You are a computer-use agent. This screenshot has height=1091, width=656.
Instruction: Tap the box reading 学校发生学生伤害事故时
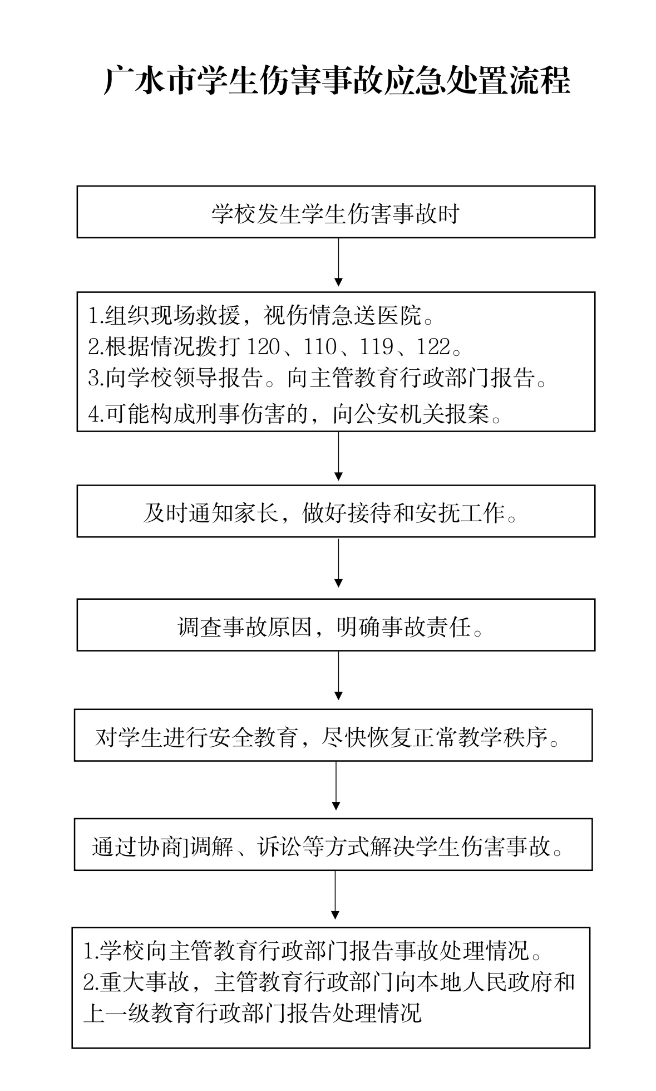click(336, 212)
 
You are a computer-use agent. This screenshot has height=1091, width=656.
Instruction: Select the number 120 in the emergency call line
click(264, 346)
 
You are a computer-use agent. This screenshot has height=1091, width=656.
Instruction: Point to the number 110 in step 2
click(320, 346)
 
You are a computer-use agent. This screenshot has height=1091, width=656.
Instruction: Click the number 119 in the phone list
click(377, 346)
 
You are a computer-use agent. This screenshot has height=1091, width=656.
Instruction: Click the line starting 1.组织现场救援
click(260, 315)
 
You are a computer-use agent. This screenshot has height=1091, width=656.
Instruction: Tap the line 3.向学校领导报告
click(318, 378)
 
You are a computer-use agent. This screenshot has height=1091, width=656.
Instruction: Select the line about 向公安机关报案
click(295, 414)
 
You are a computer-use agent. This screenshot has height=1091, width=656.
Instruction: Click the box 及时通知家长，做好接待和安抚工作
click(336, 511)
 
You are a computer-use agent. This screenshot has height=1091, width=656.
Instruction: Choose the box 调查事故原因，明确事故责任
click(336, 625)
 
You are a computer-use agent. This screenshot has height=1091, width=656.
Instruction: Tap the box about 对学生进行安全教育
click(333, 735)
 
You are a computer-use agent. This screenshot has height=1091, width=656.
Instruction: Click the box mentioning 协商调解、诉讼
click(333, 844)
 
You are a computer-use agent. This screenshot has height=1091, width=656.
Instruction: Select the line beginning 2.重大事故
click(329, 982)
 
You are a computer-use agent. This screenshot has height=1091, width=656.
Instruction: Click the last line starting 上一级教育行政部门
click(252, 1013)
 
